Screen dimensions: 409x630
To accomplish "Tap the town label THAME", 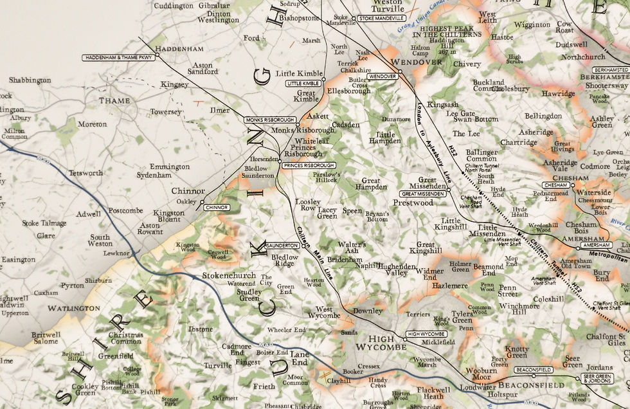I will click(114, 100).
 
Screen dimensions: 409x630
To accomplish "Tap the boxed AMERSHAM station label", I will click(595, 246).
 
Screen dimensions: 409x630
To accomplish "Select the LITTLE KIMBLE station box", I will click(303, 84).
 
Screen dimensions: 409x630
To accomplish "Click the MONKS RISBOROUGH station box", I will click(270, 120).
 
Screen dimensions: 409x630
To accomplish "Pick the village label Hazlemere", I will click(450, 285).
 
